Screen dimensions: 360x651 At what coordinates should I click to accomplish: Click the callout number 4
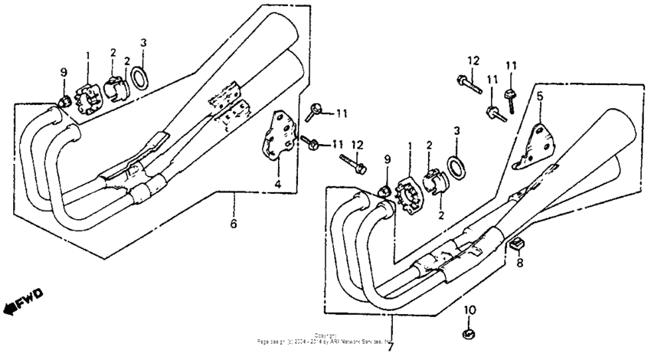pyautogui.click(x=278, y=185)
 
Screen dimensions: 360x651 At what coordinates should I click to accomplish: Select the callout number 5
pyautogui.click(x=539, y=97)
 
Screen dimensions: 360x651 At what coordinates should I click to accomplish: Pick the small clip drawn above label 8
pyautogui.click(x=518, y=244)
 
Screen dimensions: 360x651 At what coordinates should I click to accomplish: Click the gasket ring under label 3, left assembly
pyautogui.click(x=140, y=77)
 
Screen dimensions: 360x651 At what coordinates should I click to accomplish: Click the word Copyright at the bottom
pyautogui.click(x=325, y=335)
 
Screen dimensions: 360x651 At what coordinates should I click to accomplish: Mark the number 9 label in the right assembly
pyautogui.click(x=387, y=159)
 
